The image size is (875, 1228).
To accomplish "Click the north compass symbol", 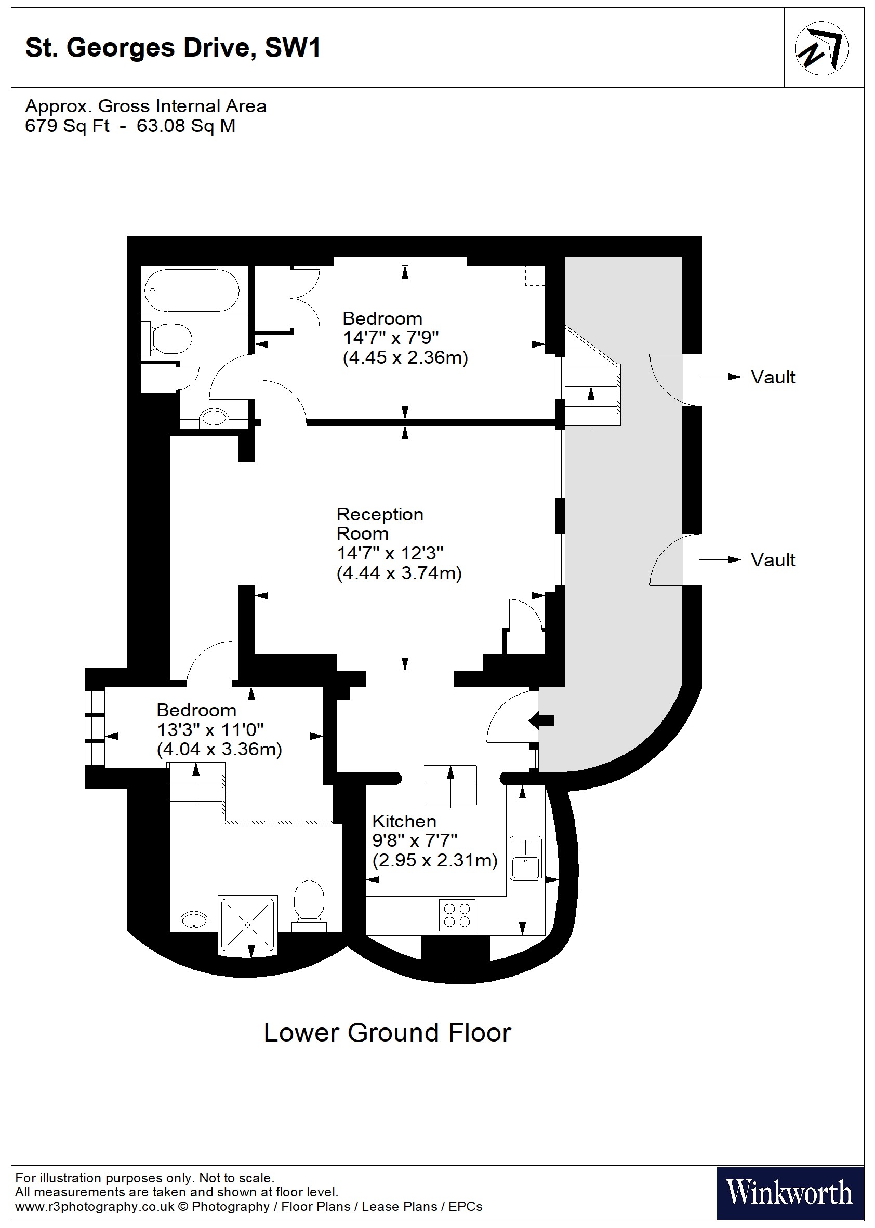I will coord(820,48).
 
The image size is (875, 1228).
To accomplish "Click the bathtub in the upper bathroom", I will coord(192,290).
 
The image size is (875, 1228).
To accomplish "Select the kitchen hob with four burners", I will coord(457,915).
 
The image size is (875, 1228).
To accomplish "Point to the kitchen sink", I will coord(525,858).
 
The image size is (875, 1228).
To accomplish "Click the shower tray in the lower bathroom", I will coord(247,924).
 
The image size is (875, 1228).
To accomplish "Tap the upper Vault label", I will coord(772,377).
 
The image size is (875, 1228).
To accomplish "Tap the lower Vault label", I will coord(772,560).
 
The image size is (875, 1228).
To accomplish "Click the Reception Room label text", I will coord(379,524).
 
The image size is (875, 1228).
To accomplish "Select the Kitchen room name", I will coord(404,821).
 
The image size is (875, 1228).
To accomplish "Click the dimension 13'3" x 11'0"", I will coord(210,730).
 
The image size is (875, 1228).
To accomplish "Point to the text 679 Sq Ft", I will coord(67,126).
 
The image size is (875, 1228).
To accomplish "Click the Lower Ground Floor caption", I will coord(387,1033).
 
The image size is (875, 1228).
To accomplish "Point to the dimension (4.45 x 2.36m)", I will coord(405,357).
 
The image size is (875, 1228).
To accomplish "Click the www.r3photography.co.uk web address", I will coord(95,1207).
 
